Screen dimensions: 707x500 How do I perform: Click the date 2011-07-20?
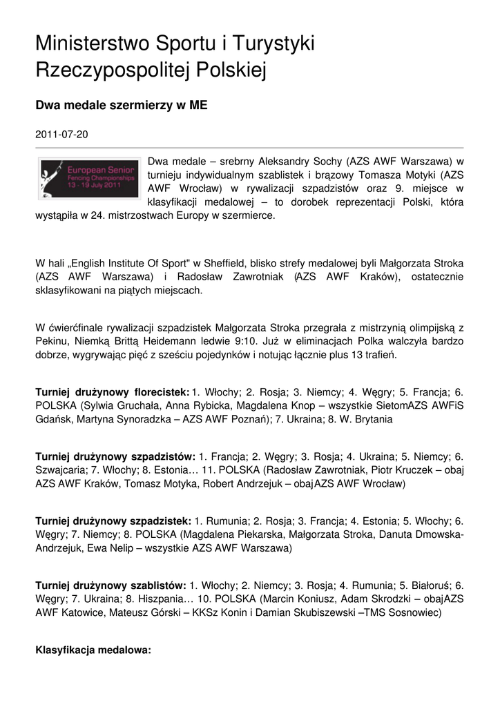(x=61, y=135)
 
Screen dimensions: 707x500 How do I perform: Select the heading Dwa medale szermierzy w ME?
(x=122, y=106)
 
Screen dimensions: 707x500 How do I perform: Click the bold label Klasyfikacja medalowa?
(x=93, y=650)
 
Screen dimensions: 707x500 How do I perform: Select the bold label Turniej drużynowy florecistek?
(x=113, y=392)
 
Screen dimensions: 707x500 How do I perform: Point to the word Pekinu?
(x=50, y=342)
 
